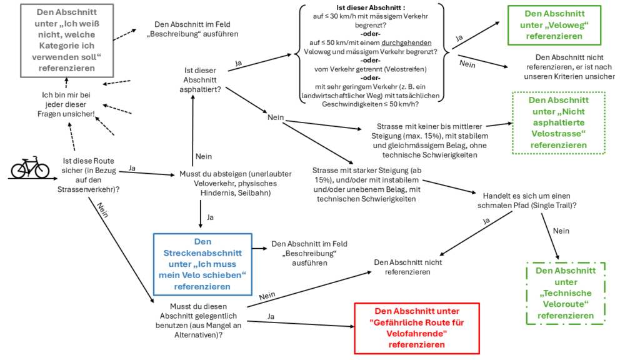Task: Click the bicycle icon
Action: (30, 167)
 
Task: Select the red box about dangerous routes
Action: (417, 328)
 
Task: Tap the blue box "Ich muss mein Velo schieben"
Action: (202, 264)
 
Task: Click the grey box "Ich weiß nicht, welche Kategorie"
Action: (67, 41)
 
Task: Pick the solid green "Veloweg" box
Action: (554, 25)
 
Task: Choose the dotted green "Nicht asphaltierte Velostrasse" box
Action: (558, 123)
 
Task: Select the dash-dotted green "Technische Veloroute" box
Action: (566, 293)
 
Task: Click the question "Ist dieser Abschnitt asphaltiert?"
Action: (200, 80)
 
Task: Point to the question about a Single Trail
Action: (527, 201)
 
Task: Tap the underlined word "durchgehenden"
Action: (406, 43)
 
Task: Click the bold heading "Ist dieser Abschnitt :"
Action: (371, 7)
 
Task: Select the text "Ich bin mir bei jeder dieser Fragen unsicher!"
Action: (66, 104)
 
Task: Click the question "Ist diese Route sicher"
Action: (89, 175)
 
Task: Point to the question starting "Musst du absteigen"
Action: (236, 183)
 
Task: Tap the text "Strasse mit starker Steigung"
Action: (366, 184)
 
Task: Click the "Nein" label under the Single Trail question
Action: (561, 231)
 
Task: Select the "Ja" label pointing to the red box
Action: (271, 316)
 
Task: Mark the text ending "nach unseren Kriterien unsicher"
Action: (569, 67)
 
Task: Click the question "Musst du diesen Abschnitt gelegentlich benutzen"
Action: (198, 321)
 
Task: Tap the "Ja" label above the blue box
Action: (210, 217)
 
